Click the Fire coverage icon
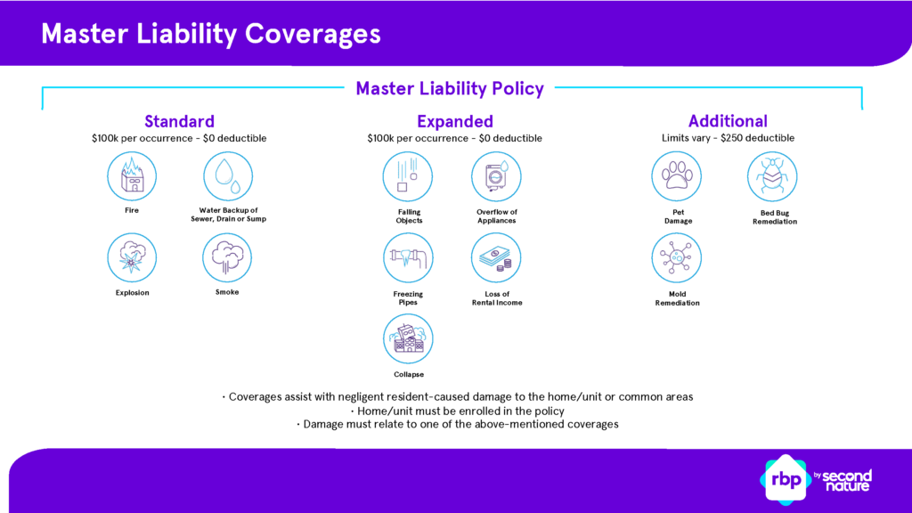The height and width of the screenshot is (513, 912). [132, 176]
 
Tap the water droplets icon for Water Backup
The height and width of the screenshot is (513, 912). [228, 176]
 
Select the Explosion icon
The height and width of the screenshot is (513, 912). [132, 258]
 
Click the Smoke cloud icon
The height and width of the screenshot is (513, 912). [228, 258]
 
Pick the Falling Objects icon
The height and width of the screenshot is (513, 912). [408, 176]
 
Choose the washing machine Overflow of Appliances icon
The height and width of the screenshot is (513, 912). [496, 176]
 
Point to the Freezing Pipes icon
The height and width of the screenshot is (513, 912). [408, 258]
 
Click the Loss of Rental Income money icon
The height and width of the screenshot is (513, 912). [496, 258]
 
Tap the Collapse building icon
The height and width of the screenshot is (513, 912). [408, 339]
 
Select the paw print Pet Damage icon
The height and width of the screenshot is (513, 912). [677, 176]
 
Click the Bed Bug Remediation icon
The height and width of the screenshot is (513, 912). [772, 176]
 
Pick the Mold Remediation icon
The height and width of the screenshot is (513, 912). [677, 258]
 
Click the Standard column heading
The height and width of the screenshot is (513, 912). [179, 121]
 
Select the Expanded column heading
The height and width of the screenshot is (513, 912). [454, 121]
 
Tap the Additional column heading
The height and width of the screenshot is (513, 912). [728, 121]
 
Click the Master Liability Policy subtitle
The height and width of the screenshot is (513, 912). [449, 88]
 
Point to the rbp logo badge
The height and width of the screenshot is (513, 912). [785, 479]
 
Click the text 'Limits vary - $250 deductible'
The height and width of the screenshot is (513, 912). [728, 138]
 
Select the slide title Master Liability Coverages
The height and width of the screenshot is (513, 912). [211, 33]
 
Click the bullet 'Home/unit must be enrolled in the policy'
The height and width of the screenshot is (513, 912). [456, 411]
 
